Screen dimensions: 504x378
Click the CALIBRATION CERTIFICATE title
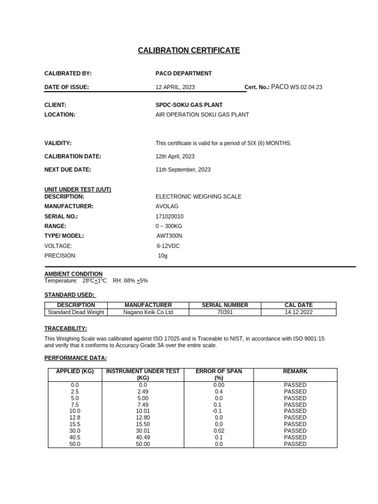point(189,51)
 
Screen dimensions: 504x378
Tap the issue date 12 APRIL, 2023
point(175,87)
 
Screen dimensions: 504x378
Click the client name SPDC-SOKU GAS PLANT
point(189,105)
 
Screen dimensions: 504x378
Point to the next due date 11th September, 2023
point(183,169)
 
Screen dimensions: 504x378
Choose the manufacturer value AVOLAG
point(167,206)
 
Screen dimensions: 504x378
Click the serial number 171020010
point(169,216)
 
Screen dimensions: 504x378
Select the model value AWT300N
point(169,236)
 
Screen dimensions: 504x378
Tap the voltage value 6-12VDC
point(168,246)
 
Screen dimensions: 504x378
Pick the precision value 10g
point(163,255)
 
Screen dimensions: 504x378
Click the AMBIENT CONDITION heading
point(73,274)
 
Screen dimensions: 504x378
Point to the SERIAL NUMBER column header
point(225,305)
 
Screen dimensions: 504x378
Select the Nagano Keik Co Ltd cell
point(148,312)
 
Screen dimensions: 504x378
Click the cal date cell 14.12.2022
point(298,312)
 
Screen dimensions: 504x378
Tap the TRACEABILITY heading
point(65,328)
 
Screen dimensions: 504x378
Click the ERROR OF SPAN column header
point(219,375)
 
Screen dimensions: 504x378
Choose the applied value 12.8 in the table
point(75,417)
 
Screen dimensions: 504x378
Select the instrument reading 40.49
point(143,437)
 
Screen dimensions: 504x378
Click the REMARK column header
point(295,371)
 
